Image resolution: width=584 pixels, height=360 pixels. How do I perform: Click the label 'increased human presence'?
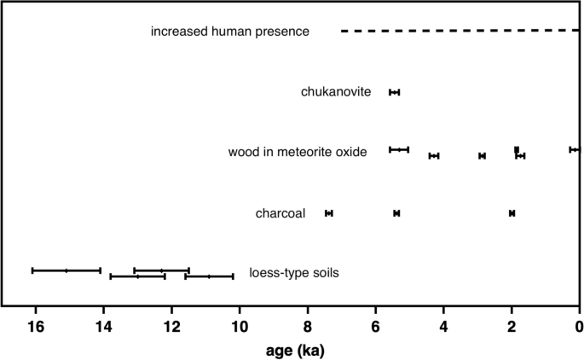pos(230,32)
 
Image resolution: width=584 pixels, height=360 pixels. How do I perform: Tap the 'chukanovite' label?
pos(335,92)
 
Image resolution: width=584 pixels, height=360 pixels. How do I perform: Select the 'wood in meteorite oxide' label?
pos(298,153)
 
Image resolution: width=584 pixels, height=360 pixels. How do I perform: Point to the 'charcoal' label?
pos(280,213)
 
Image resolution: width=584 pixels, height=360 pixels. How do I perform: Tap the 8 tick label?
pos(308,325)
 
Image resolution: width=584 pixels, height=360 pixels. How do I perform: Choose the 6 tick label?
pos(376,325)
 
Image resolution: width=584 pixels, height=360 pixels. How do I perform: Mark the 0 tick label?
pos(579,325)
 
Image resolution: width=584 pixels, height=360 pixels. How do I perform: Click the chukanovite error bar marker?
pos(394,92)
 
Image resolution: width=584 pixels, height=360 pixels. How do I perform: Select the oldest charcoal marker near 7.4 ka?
pos(329,213)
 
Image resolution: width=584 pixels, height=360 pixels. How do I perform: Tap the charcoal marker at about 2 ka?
pos(512,213)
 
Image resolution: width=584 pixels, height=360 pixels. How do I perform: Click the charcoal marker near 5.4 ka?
pos(396,213)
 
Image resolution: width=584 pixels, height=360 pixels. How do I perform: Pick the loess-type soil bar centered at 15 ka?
pos(66,270)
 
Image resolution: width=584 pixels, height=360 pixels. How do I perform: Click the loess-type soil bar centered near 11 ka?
pos(209,276)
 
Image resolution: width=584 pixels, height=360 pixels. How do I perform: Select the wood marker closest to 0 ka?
pos(574,149)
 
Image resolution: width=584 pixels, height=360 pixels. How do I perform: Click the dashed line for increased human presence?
pos(460,31)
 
